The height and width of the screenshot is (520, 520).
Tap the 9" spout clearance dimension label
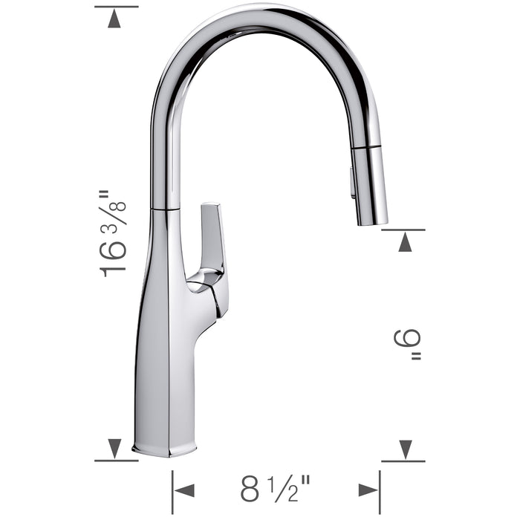click(x=407, y=345)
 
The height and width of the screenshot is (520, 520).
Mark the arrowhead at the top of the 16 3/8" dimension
click(x=114, y=19)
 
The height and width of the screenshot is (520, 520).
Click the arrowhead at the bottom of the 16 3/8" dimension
click(x=114, y=448)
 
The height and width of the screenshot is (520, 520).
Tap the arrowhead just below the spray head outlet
click(x=405, y=242)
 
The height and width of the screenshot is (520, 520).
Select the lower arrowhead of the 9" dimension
click(x=405, y=449)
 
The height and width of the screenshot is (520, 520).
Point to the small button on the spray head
click(x=352, y=183)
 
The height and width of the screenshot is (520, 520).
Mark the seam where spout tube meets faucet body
click(x=165, y=209)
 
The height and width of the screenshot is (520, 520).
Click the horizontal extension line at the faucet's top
click(x=117, y=7)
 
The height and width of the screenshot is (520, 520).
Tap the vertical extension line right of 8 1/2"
click(x=380, y=490)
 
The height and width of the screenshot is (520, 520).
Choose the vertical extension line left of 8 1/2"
click(x=172, y=490)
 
